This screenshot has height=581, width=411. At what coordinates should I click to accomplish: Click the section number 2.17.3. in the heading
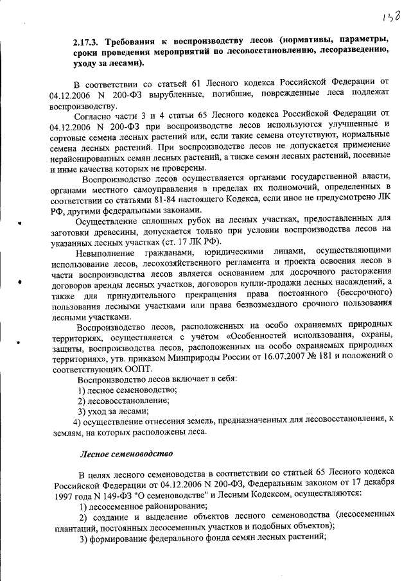[x=88, y=41]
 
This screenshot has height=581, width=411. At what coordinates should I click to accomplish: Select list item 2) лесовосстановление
[x=124, y=401]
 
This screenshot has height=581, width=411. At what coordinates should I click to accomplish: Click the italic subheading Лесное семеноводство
[x=127, y=453]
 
